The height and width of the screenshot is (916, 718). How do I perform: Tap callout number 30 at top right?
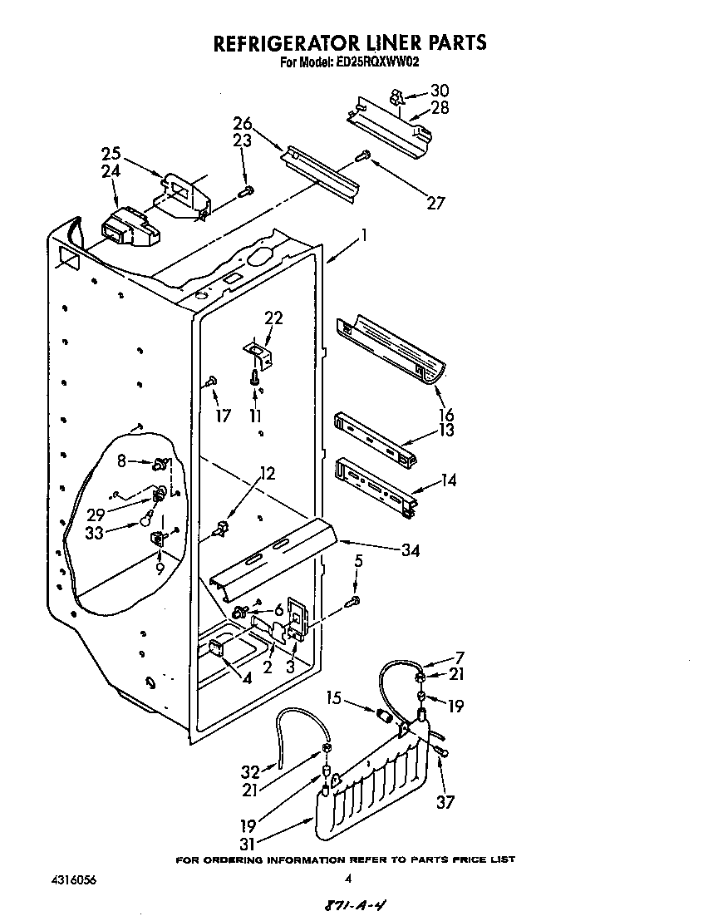(x=440, y=91)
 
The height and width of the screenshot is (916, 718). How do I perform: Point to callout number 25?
(x=111, y=154)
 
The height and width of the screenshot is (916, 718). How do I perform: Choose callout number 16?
(x=445, y=415)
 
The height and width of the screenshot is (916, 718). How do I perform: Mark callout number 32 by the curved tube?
(x=250, y=770)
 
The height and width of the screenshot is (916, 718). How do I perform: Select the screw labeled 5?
(x=355, y=600)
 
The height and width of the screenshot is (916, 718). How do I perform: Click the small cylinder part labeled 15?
(x=384, y=715)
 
